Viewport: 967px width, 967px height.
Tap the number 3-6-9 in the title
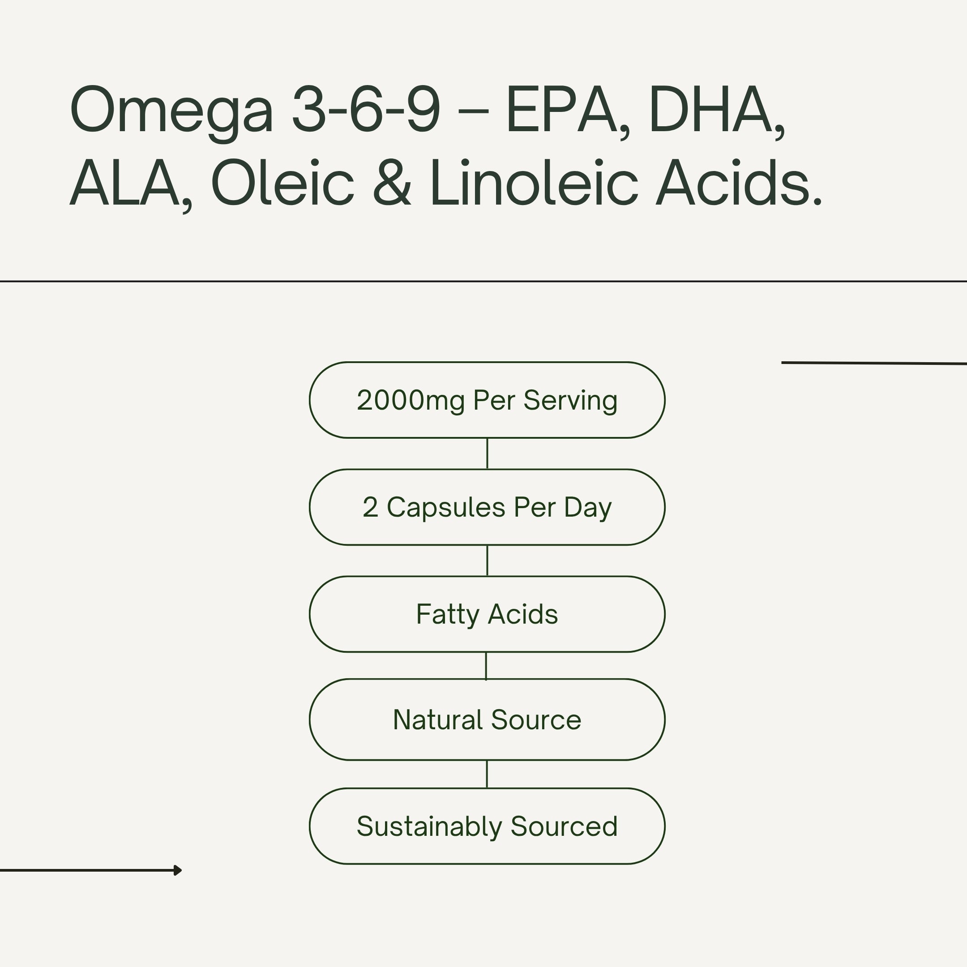pyautogui.click(x=366, y=109)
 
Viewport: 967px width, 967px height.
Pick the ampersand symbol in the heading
pyautogui.click(x=392, y=183)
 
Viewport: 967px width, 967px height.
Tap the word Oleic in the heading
pyautogui.click(x=283, y=183)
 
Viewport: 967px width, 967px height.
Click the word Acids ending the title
pyautogui.click(x=738, y=183)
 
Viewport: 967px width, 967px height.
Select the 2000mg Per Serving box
pyautogui.click(x=487, y=400)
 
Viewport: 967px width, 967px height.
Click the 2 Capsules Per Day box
pyautogui.click(x=487, y=507)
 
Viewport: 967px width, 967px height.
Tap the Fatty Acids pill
pyautogui.click(x=487, y=614)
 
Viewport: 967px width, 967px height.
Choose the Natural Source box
pyautogui.click(x=487, y=720)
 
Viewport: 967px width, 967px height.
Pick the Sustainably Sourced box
pyautogui.click(x=487, y=826)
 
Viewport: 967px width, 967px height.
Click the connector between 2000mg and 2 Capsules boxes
pyautogui.click(x=487, y=454)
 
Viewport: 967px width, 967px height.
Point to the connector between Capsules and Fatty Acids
pyautogui.click(x=487, y=561)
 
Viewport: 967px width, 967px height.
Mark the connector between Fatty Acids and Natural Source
pyautogui.click(x=486, y=666)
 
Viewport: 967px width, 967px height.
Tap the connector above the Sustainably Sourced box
pyautogui.click(x=487, y=774)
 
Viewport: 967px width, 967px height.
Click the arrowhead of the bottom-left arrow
pyautogui.click(x=178, y=870)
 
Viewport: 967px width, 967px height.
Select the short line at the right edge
pyautogui.click(x=873, y=363)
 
